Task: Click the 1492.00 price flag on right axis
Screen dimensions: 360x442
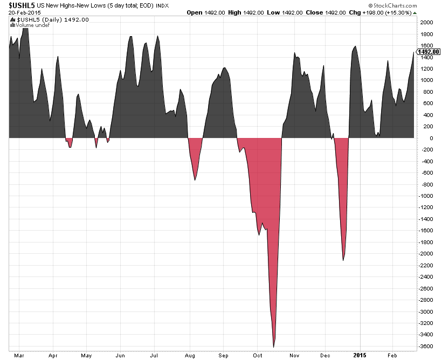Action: coord(429,52)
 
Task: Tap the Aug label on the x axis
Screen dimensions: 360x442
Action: coord(190,356)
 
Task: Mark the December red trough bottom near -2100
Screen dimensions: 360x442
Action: coord(343,260)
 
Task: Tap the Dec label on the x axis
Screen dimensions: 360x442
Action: coord(324,356)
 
